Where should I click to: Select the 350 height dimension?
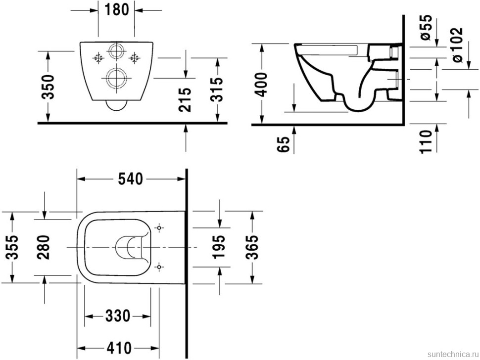(x=48, y=87)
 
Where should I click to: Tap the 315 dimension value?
(x=217, y=89)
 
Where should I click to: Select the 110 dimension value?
(x=428, y=140)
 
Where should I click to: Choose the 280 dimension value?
(x=45, y=247)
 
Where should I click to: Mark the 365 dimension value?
(x=252, y=247)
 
